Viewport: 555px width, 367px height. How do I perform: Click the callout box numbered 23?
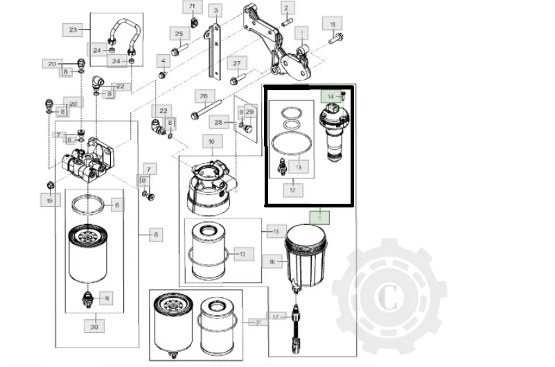[74, 29]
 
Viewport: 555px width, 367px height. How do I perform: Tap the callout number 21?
[193, 8]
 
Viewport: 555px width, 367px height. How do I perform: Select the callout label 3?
[216, 10]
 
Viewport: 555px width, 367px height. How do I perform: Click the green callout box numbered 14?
[331, 96]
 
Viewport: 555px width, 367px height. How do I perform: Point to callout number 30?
[94, 325]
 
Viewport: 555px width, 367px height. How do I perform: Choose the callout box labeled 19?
[49, 200]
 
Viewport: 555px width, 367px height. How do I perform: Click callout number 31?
[258, 323]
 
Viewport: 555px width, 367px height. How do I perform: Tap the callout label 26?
[204, 96]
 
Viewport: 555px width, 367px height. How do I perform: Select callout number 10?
[211, 142]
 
